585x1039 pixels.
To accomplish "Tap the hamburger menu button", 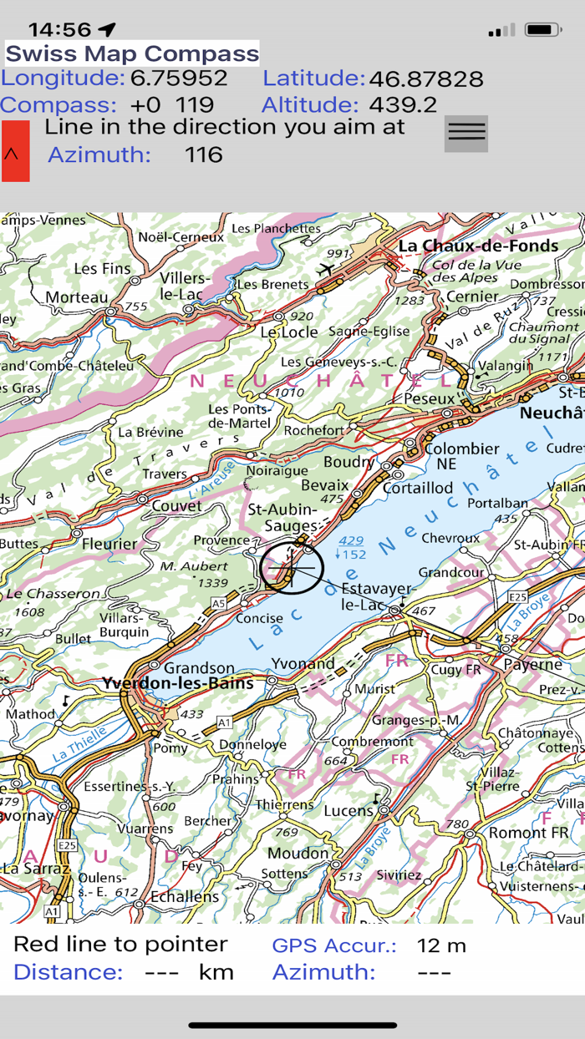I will click(x=465, y=133).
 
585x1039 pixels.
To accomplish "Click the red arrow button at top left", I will click(x=15, y=151).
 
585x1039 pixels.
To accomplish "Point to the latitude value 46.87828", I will click(x=426, y=79).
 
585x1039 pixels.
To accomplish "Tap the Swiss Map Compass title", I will click(x=132, y=54).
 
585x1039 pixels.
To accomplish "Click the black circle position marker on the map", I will click(x=292, y=568).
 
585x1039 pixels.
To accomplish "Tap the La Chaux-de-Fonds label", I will click(x=478, y=246).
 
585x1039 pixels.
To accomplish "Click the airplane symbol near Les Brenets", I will click(x=326, y=269).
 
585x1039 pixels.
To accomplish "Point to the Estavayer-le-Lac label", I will click(x=376, y=596).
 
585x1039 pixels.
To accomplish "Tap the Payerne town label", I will click(x=533, y=665).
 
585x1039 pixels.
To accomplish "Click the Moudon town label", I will click(x=298, y=854).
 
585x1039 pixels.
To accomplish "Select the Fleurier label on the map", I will click(x=109, y=544).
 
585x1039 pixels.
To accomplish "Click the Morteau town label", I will click(x=77, y=297).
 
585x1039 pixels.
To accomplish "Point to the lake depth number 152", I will click(x=354, y=555).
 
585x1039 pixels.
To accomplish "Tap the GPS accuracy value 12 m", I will click(x=440, y=945).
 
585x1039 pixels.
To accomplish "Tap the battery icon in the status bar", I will click(x=543, y=30).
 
